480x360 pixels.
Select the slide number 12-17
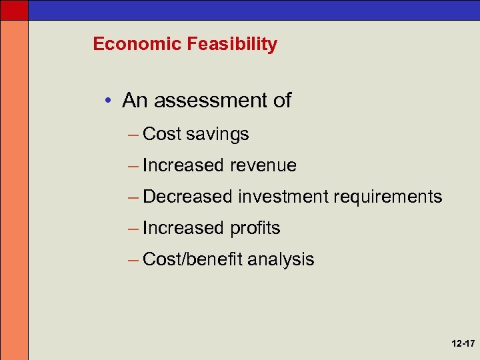462,344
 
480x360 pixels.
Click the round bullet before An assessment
107,101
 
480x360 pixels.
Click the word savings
217,134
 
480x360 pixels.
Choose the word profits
255,228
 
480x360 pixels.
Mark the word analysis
280,259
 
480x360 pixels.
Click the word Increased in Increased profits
183,228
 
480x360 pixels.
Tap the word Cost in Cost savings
162,134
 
